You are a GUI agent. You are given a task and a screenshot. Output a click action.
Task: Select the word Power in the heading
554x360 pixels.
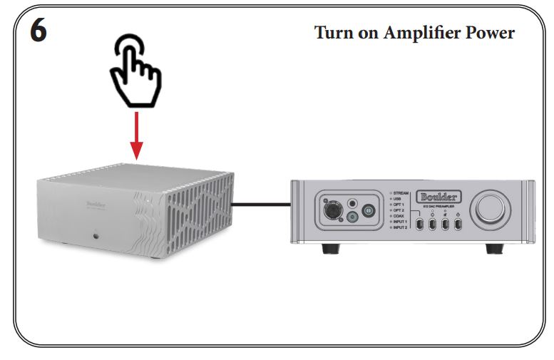[490, 33]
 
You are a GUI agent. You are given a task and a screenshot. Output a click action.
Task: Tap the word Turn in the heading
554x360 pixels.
[336, 33]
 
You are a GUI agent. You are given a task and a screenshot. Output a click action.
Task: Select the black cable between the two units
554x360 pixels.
[264, 205]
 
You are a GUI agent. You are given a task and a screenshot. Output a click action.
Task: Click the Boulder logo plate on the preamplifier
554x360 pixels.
[438, 195]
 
